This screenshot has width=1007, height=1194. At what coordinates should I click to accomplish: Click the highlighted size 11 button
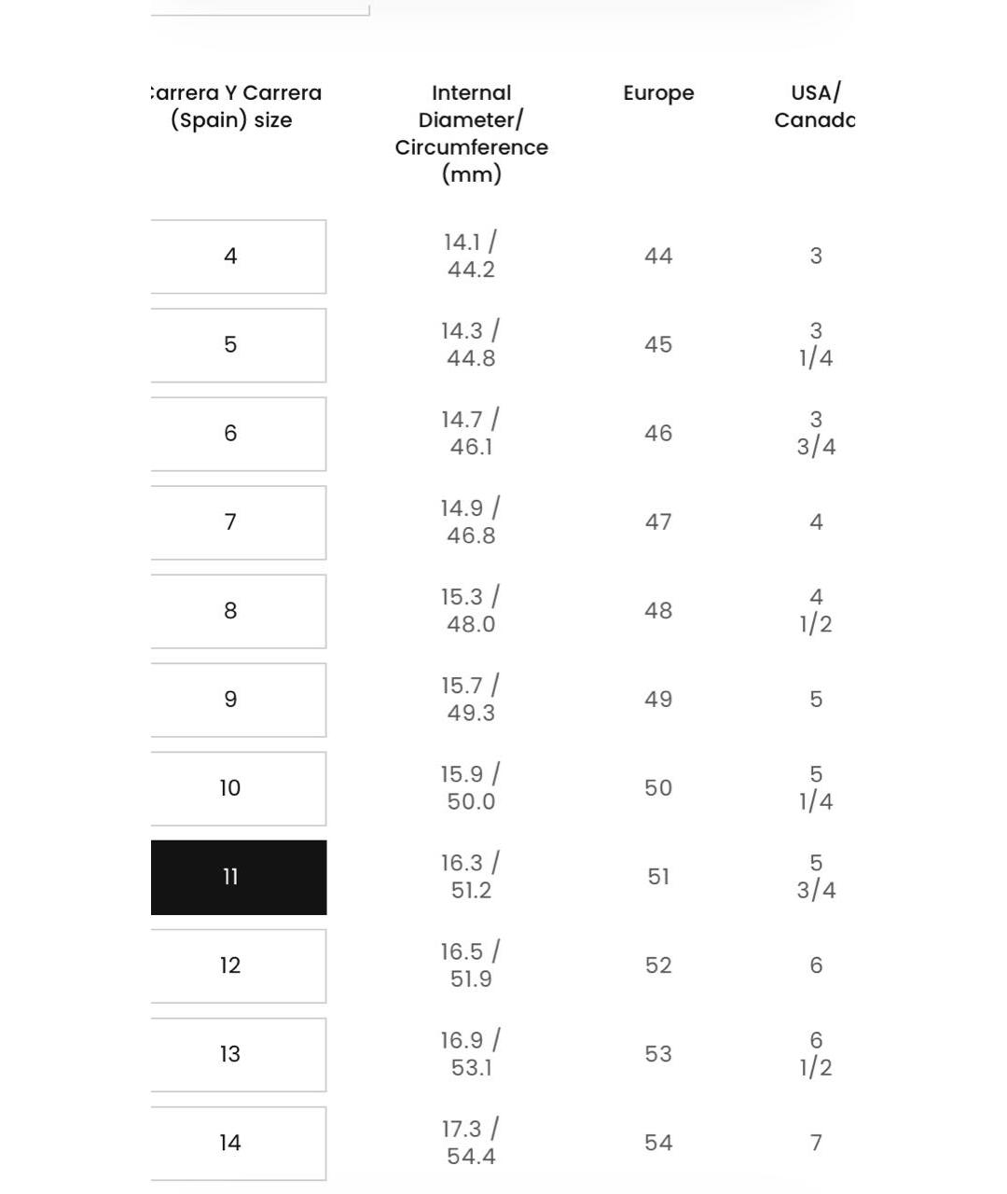[x=239, y=877]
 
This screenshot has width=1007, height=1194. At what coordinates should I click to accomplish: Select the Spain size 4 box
[x=239, y=257]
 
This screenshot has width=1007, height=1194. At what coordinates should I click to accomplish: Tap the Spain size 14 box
[x=239, y=1143]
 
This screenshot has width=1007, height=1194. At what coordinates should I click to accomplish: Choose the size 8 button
[x=239, y=611]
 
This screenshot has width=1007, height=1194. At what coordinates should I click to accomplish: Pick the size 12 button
[x=239, y=965]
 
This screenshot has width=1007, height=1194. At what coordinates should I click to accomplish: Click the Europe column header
[x=658, y=93]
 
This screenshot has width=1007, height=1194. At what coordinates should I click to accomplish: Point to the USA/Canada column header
[x=814, y=106]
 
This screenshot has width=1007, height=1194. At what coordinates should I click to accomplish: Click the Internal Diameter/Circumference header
[x=471, y=133]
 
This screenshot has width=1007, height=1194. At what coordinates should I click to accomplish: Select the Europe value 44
[x=658, y=257]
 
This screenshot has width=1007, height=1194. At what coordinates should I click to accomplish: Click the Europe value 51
[x=658, y=877]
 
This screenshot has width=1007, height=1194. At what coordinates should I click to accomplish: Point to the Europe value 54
[x=658, y=1143]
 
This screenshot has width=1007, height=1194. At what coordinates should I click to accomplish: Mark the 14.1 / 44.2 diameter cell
[x=471, y=256]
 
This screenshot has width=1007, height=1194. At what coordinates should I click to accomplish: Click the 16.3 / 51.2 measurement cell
[x=471, y=877]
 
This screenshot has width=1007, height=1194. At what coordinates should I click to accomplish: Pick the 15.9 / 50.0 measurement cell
[x=471, y=788]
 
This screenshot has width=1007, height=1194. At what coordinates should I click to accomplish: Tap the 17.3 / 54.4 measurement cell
[x=471, y=1143]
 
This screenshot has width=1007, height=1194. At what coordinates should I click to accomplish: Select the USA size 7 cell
[x=816, y=1143]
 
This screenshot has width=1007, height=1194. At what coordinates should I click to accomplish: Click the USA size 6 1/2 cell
[x=816, y=1054]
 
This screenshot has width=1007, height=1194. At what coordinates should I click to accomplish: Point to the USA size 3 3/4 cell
[x=816, y=434]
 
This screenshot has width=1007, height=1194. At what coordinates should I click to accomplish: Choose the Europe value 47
[x=658, y=522]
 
